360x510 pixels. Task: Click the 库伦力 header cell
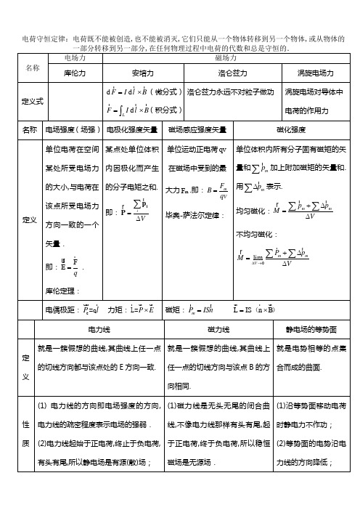75,73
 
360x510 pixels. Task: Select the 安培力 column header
143,73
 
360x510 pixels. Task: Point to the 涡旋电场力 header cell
316,73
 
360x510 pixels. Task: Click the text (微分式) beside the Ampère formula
168,93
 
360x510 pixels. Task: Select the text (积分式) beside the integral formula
168,110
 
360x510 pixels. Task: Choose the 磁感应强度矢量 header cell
197,130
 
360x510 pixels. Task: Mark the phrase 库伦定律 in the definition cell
61,290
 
